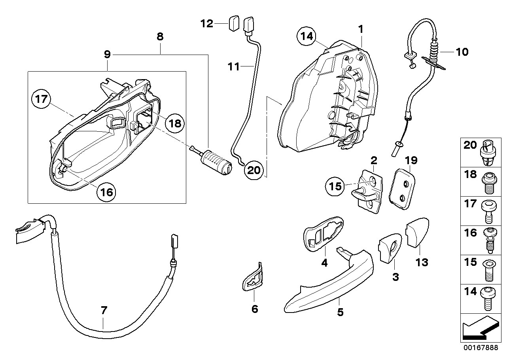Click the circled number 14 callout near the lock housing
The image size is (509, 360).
(x=307, y=37)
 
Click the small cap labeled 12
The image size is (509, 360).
(x=234, y=24)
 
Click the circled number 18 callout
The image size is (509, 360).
(x=174, y=123)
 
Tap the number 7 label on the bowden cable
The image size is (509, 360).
(x=104, y=310)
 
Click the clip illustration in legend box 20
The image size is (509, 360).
(x=489, y=152)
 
